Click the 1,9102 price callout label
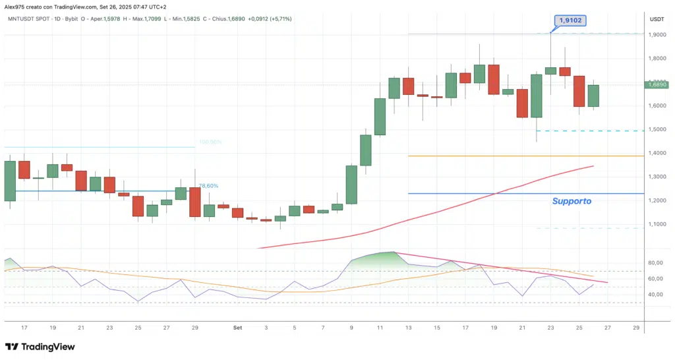point(570,21)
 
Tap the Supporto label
point(572,200)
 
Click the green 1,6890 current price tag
point(657,84)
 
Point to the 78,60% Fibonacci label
point(208,186)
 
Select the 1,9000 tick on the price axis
point(657,34)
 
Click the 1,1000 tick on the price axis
point(657,224)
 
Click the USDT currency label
point(657,19)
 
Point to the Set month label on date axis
point(237,327)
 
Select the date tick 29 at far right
point(635,327)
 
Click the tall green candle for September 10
point(365,150)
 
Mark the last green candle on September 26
point(593,95)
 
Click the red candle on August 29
point(194,202)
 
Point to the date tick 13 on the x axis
point(408,327)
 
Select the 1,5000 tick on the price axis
point(657,129)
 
